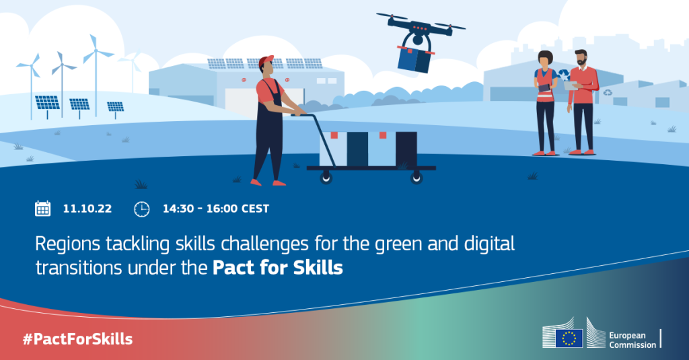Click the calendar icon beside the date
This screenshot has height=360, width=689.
(x=42, y=209)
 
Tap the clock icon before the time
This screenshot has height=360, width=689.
(x=141, y=209)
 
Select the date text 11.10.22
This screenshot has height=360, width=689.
(x=87, y=209)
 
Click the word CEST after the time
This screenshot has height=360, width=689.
(x=255, y=209)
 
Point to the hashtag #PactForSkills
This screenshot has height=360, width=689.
(x=78, y=339)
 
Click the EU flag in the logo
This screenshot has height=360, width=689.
(x=569, y=338)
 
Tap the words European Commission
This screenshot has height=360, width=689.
(x=632, y=340)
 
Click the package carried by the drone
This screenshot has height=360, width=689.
(x=414, y=59)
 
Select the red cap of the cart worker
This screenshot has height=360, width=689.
(x=265, y=61)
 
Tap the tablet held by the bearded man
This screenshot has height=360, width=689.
(x=571, y=85)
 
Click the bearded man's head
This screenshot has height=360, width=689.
(x=581, y=58)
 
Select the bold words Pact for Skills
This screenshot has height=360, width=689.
(x=278, y=268)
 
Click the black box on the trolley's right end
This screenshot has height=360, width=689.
(x=406, y=149)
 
